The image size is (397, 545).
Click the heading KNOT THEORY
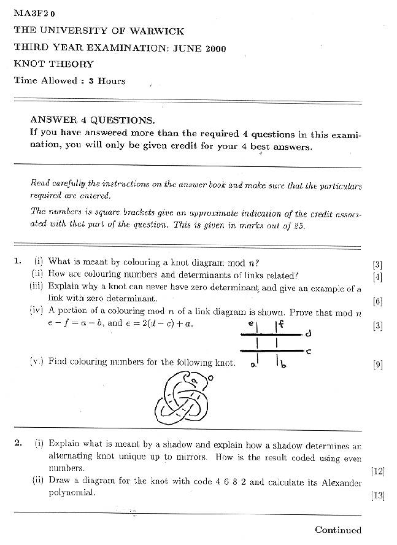point(54,64)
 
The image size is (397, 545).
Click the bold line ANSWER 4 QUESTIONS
point(92,120)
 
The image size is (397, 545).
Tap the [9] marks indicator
point(377,365)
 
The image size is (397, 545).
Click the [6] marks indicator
point(377,301)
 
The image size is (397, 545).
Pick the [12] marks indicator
point(377,471)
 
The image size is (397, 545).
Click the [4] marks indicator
point(377,277)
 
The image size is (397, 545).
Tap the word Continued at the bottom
point(338,530)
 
